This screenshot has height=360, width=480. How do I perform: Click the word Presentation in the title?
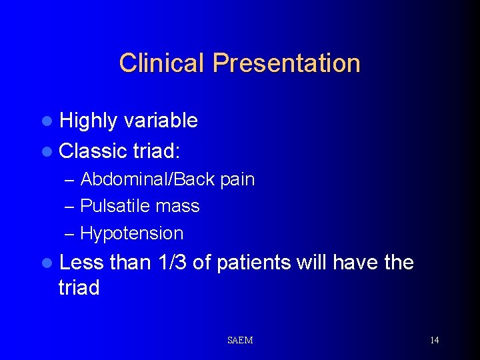[287, 63]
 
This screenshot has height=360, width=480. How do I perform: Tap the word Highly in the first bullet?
[87, 121]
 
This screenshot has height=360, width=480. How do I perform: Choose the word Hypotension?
[131, 234]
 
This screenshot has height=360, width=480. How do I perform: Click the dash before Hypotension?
[70, 234]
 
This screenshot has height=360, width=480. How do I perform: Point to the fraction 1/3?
[173, 263]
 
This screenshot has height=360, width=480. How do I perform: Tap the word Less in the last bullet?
[81, 263]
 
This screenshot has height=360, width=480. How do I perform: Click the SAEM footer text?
[240, 341]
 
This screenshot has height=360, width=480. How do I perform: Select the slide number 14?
[434, 341]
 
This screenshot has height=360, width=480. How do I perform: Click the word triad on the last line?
[79, 288]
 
